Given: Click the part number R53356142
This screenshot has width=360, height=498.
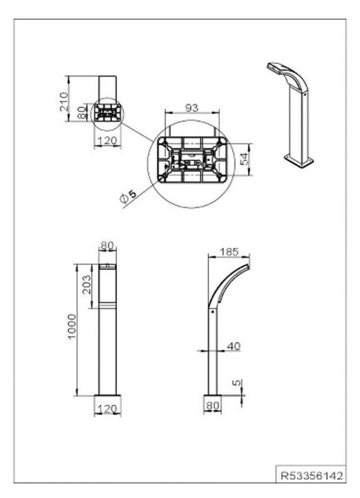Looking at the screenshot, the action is [312, 476].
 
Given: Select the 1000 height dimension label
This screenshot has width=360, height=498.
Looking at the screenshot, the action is [72, 326].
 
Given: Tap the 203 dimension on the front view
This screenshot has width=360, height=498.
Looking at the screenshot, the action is [86, 284].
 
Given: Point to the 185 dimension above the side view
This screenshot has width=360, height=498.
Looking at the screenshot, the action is [229, 251].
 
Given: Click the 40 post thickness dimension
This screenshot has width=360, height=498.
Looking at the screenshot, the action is [234, 346].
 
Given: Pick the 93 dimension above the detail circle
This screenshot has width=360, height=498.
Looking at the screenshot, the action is [192, 108].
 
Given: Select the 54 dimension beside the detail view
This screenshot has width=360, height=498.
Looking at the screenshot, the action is [245, 159].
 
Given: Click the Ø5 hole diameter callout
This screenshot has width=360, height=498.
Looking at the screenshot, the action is [128, 196].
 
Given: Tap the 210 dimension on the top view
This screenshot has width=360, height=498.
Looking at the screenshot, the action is [64, 101].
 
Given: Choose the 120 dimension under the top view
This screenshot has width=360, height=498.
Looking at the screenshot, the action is [108, 140].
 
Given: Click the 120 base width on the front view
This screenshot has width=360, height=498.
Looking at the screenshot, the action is [108, 408].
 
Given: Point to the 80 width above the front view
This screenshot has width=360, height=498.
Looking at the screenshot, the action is [107, 246].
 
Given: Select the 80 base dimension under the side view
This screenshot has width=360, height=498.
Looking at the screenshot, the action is [212, 405].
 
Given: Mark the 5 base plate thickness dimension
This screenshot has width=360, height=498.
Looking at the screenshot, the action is [237, 383].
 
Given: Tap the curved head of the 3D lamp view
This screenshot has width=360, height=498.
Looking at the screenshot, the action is [287, 74].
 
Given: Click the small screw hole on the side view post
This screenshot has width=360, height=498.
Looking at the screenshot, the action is [212, 312].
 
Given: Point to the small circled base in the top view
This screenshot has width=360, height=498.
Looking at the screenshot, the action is [107, 114].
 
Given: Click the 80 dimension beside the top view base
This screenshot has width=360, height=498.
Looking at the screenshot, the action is [82, 112].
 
